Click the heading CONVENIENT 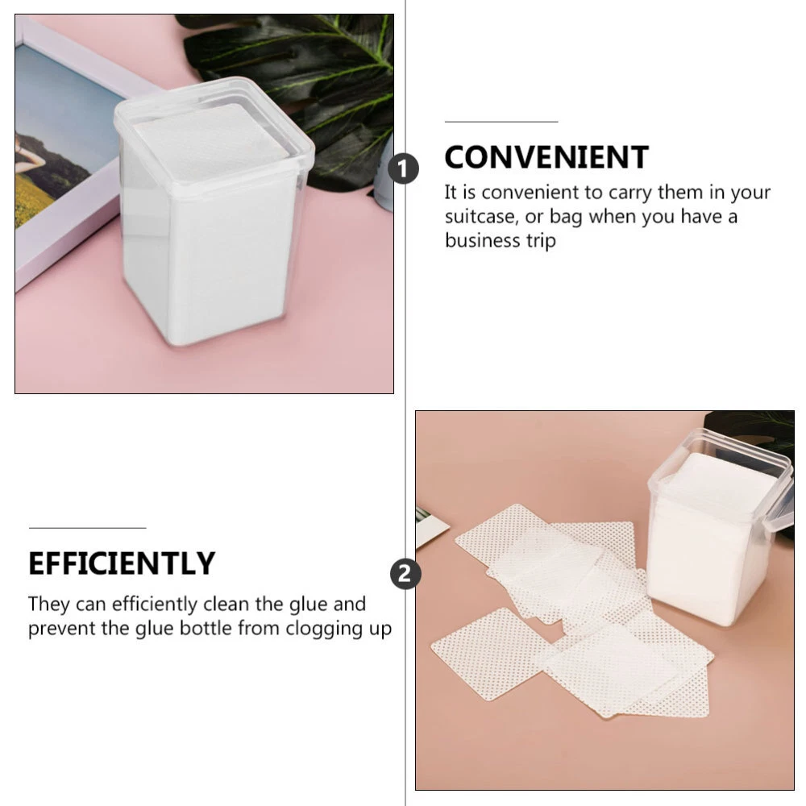tap(546, 157)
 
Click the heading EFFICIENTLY tap(122, 563)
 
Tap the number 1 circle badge tap(403, 168)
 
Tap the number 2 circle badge tap(405, 574)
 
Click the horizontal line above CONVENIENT tap(501, 122)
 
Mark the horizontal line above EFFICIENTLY tap(87, 528)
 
